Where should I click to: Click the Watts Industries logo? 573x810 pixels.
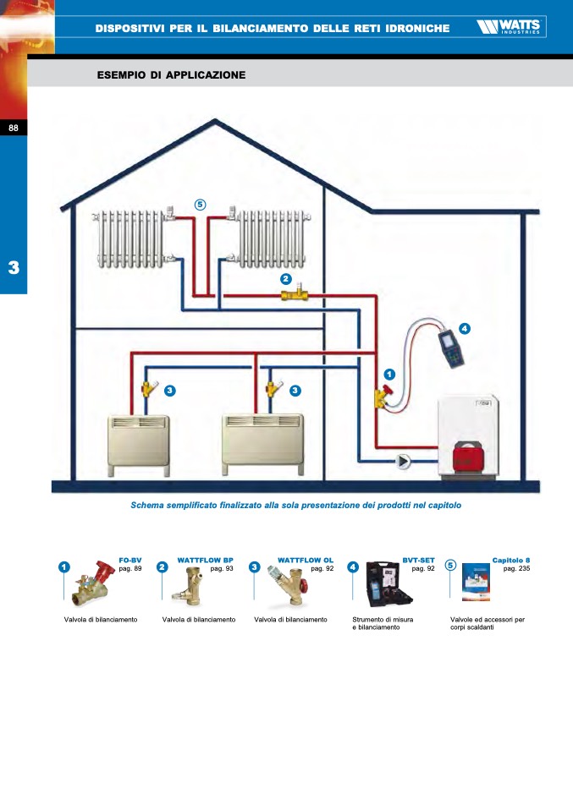[510, 28]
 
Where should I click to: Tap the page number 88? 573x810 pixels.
[14, 128]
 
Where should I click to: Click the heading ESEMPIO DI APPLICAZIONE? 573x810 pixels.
[172, 75]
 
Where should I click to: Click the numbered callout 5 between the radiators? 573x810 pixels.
[200, 204]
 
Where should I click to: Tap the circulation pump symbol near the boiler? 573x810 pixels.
[404, 461]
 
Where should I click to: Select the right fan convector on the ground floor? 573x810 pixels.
[262, 443]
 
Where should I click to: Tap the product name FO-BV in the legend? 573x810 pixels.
[129, 561]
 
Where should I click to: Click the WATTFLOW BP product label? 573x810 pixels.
[205, 561]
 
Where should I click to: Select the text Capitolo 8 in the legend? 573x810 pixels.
[511, 561]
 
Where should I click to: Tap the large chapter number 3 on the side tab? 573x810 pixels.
[14, 268]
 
